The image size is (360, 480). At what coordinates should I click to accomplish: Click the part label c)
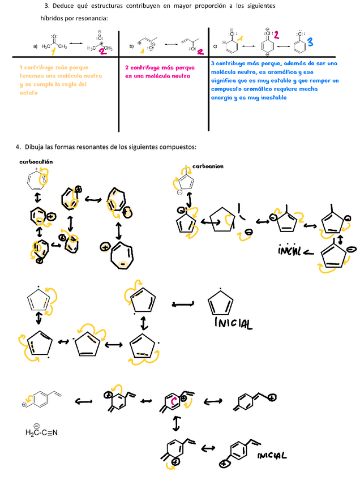[x=215, y=46]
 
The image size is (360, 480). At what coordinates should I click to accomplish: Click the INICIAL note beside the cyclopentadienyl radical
[x=232, y=324]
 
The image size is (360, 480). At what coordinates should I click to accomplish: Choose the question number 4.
[x=18, y=147]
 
